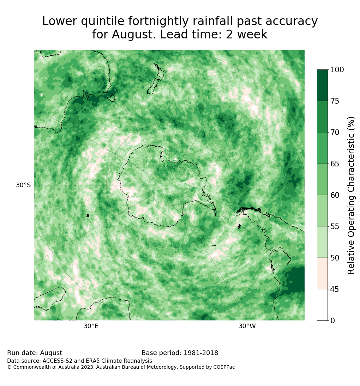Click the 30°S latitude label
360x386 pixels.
pos(23,185)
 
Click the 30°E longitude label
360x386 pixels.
pos(91,326)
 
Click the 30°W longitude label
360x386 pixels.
pos(247,326)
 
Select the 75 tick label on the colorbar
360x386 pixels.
pos(335,101)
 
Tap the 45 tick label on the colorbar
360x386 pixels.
pos(335,289)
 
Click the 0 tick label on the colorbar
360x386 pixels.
pos(333,320)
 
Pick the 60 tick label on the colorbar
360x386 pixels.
pos(335,195)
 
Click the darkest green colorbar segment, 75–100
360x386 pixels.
pos(322,85)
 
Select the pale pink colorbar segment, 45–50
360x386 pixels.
pos(322,274)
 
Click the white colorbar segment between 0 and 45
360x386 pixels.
pos(322,305)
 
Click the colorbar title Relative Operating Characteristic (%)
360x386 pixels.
pos(351,195)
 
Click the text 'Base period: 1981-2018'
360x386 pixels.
pos(180,353)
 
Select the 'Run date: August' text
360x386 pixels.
pos(35,353)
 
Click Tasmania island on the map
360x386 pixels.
pos(112,98)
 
